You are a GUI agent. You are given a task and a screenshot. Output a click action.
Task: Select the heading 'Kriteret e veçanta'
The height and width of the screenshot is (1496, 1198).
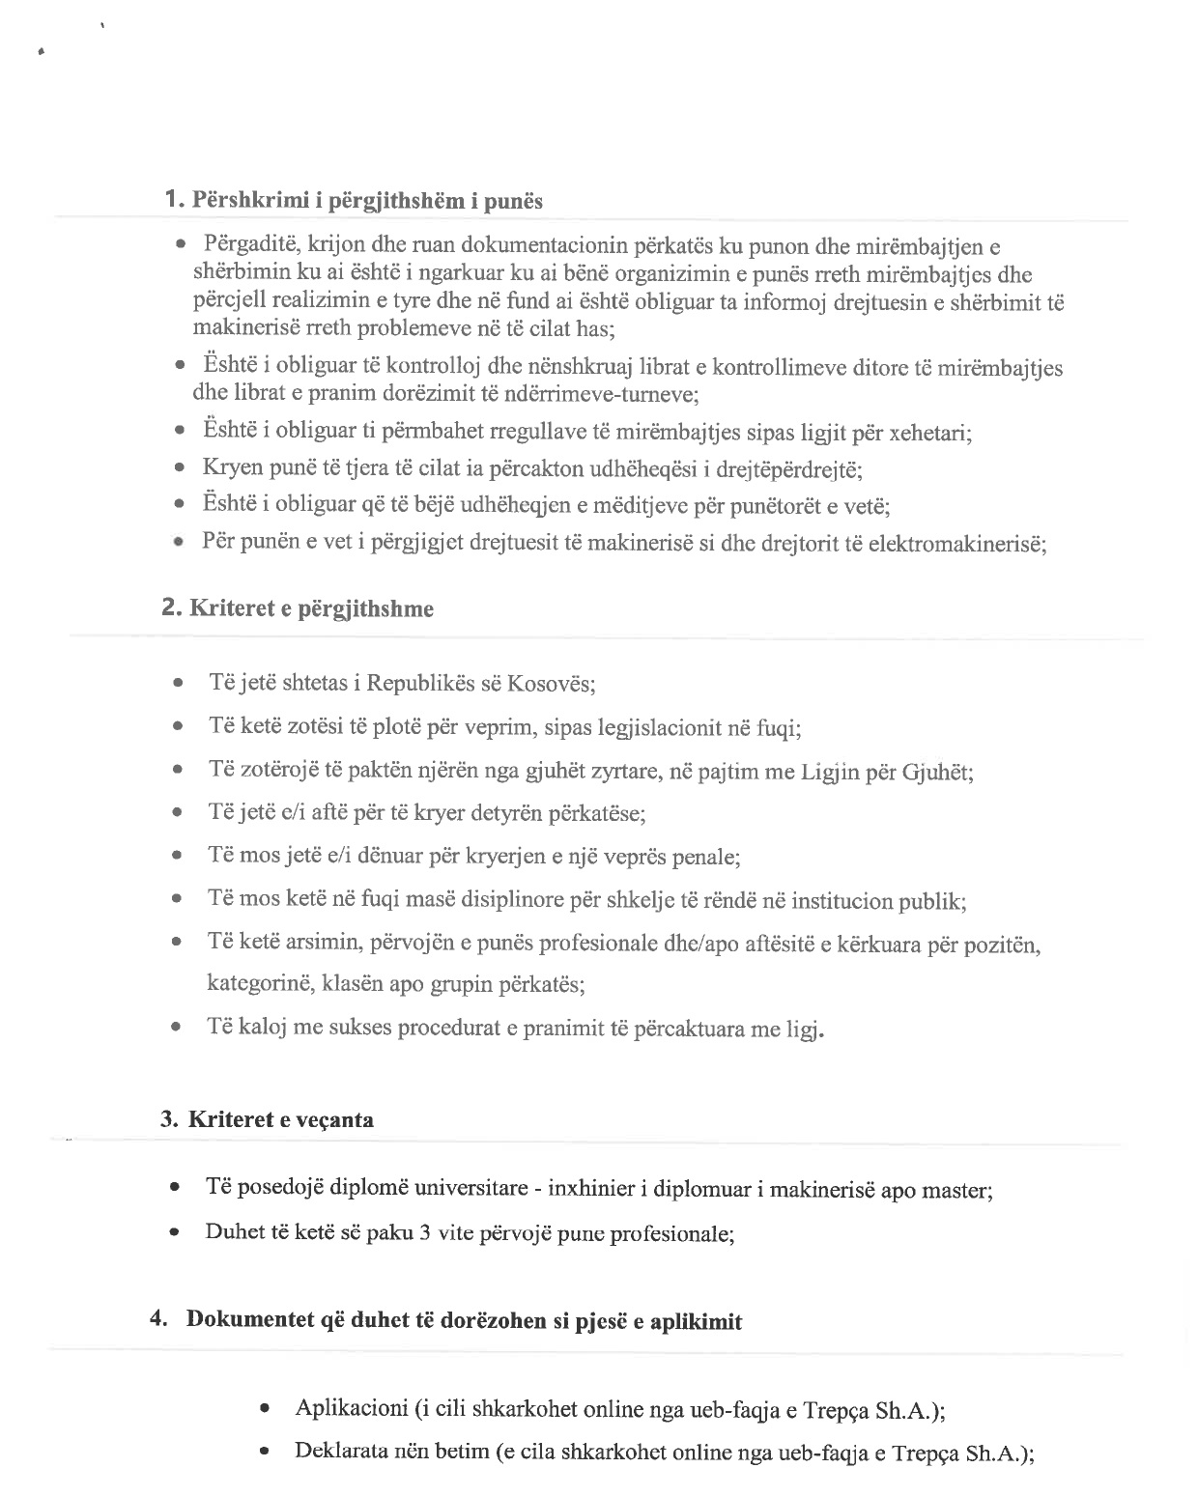coord(281,1120)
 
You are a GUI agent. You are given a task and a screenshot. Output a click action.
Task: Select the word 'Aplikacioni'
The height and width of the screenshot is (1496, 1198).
coord(352,1408)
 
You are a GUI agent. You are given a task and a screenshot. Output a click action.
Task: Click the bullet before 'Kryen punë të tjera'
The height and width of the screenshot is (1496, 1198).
coord(179,469)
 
